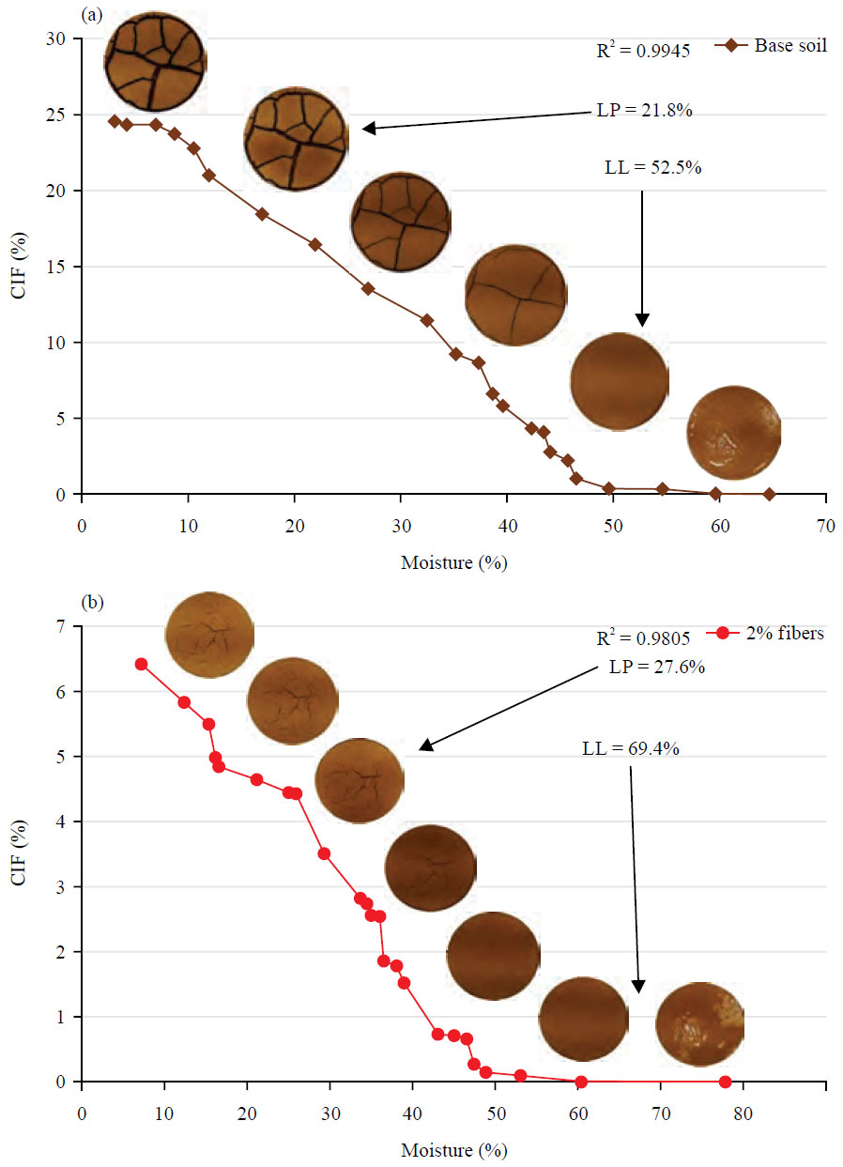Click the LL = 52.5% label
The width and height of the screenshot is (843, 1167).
click(653, 168)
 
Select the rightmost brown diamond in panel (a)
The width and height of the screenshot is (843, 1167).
click(770, 494)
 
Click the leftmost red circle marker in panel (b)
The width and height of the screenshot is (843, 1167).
click(142, 664)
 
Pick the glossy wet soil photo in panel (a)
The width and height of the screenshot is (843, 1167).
click(733, 432)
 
